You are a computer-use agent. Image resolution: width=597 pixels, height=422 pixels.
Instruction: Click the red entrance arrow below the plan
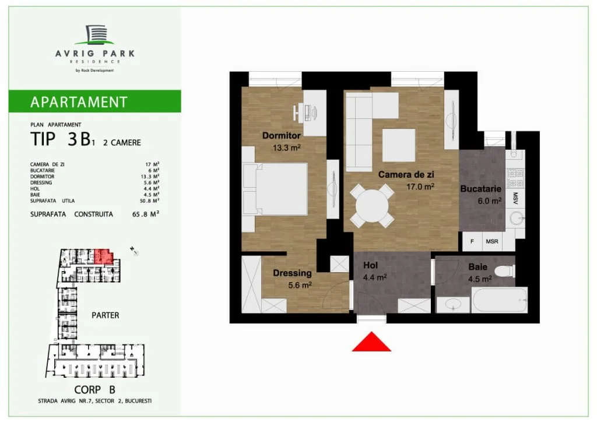pos(371,342)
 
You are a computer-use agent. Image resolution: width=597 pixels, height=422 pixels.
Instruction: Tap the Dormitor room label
pos(282,135)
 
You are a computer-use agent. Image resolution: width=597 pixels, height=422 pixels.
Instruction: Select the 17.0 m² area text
pos(420,187)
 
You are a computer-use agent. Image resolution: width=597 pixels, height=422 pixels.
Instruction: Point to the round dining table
pos(372,206)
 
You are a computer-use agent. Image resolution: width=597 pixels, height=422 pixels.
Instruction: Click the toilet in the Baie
pos(504,271)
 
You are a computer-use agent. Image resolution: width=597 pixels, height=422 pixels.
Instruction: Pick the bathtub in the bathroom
pos(500,300)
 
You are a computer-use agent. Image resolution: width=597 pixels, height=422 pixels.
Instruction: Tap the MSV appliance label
pos(515,198)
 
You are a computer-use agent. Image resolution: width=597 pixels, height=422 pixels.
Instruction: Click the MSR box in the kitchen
pos(492,241)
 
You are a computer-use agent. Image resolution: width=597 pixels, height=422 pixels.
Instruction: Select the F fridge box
pos(472,241)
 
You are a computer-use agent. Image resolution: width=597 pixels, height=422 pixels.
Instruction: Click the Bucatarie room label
pos(480,189)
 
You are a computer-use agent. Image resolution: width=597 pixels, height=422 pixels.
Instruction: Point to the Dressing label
pos(292,273)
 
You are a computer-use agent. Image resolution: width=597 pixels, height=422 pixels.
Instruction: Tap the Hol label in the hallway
pos(370,265)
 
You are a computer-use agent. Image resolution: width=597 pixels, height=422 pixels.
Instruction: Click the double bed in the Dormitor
pos(275,189)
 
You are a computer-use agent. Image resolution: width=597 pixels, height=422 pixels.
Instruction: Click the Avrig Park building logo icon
pos(94,34)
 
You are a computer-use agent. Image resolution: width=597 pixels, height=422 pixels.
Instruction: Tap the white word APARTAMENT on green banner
pos(79,102)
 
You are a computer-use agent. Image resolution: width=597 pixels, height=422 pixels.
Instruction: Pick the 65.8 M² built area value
pos(145,214)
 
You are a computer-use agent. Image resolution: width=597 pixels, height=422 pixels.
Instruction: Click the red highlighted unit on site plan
pos(103,256)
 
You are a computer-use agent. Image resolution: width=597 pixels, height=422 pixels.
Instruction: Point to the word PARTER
pos(105,315)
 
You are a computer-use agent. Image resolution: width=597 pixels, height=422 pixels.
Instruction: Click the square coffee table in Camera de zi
pos(399,145)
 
